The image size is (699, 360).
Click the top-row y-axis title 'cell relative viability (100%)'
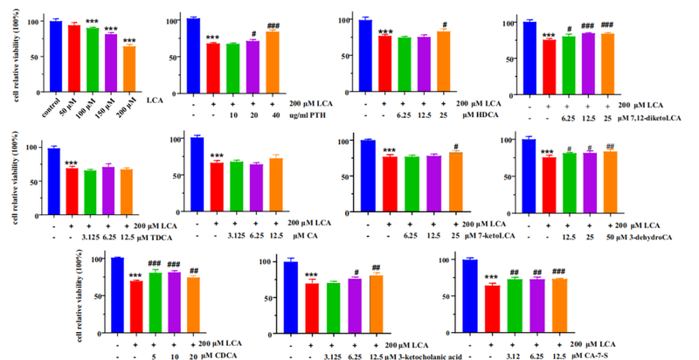(x=11, y=57)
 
